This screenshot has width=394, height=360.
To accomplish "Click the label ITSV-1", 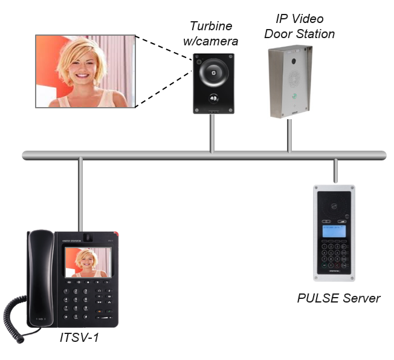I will click(79, 337).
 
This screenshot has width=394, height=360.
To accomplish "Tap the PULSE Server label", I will click(339, 298).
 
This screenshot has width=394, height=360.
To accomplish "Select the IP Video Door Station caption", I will click(300, 26).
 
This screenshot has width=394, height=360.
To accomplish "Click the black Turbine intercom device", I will click(213, 83).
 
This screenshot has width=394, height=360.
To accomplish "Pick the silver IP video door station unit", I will click(292, 82).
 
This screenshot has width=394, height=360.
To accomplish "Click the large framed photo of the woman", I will click(84, 71).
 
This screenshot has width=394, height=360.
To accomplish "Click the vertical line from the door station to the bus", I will click(289, 134).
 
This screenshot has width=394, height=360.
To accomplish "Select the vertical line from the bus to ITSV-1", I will click(79, 194).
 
